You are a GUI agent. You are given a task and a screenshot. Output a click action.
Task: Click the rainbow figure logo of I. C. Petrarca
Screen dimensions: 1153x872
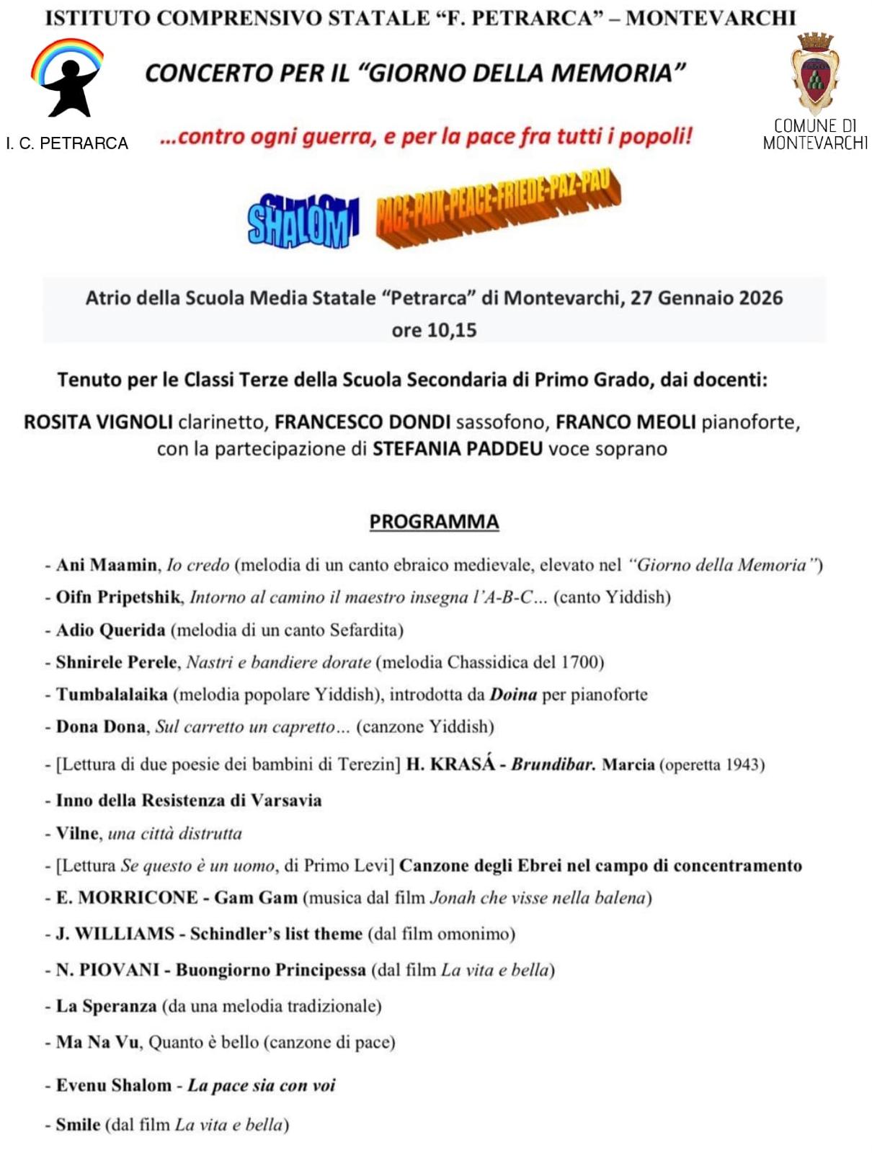click(x=67, y=78)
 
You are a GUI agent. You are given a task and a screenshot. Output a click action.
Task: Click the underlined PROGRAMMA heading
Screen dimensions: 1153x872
click(x=434, y=522)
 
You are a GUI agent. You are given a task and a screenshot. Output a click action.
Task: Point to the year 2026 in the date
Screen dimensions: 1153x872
click(x=760, y=298)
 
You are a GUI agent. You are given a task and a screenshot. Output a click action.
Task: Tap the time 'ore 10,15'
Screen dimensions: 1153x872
click(x=434, y=330)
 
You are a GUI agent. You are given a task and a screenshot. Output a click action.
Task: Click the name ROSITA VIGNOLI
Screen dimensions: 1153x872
click(x=98, y=422)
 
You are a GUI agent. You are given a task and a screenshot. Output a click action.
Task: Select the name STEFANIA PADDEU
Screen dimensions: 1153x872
click(x=457, y=449)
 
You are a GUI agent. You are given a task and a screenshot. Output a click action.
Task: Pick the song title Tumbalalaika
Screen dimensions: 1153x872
click(x=112, y=695)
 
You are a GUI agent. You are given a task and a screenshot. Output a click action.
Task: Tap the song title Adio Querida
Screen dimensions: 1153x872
click(x=110, y=630)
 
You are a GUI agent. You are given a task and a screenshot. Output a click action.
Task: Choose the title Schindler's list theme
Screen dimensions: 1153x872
click(x=276, y=934)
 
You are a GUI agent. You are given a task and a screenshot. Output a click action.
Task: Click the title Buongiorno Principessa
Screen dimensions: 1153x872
click(x=270, y=970)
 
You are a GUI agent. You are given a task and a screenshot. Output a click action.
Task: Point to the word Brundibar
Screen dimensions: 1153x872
click(x=553, y=764)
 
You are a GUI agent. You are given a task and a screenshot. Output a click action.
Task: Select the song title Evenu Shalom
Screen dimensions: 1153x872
click(x=114, y=1085)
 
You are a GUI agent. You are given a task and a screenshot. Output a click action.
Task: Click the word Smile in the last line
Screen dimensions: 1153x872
click(x=78, y=1125)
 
